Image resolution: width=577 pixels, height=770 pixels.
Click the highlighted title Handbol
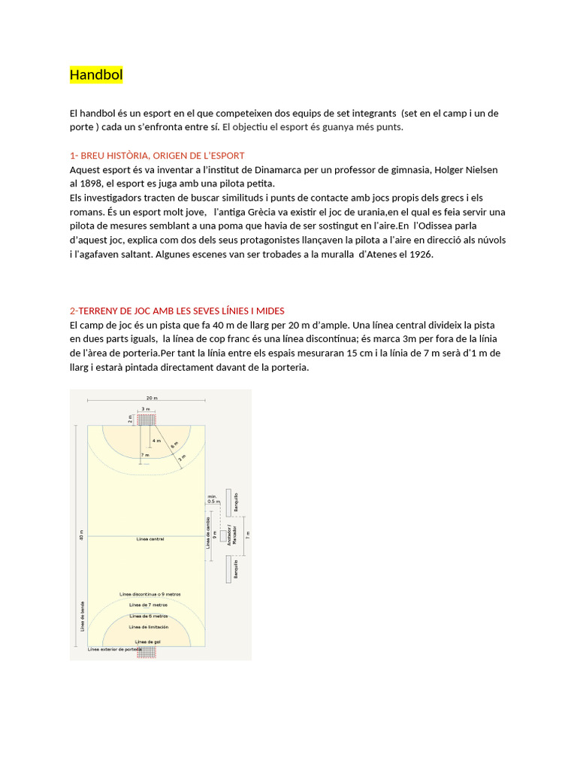coord(96,75)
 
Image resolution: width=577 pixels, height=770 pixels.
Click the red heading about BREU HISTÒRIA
coord(157,155)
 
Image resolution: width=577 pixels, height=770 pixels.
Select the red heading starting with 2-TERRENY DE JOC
coord(177,311)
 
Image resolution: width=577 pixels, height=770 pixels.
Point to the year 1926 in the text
coord(419,254)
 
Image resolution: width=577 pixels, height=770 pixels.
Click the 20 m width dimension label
coord(151,398)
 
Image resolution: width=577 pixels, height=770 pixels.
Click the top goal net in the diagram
coord(147,419)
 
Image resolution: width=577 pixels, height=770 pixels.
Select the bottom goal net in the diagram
coord(147,653)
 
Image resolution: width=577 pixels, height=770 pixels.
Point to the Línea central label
coord(150,539)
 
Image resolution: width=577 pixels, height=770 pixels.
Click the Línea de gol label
coord(148,641)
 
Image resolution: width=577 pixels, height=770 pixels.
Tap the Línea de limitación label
coord(148,626)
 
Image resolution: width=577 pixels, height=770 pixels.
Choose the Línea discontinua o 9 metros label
coord(150,594)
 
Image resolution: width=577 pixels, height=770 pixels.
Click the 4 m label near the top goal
coord(156,440)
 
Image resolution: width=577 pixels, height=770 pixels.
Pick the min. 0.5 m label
coord(212,499)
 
